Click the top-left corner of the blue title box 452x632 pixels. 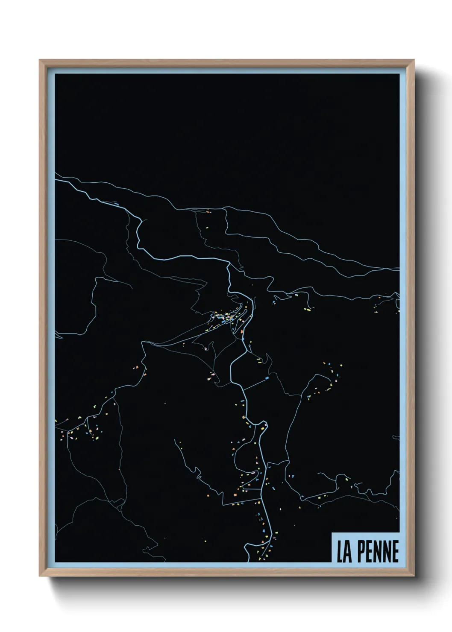tap(332, 533)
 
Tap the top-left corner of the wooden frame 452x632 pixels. tap(40, 60)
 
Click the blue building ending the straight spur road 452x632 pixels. tap(267, 378)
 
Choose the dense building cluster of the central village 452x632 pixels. tap(226, 317)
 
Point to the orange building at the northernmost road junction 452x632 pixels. tap(208, 211)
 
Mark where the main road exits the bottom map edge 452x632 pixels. tap(249, 561)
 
